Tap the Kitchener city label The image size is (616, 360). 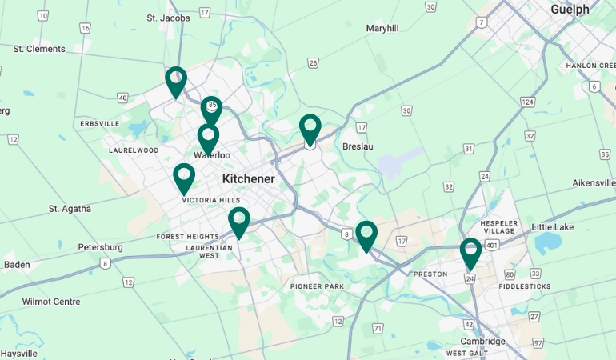click(x=248, y=179)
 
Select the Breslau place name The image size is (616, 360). click(x=358, y=146)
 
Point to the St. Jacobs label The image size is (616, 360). click(x=168, y=18)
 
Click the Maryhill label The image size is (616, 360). click(x=382, y=28)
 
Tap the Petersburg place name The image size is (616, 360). click(x=100, y=247)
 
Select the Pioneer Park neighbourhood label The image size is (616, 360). click(x=317, y=286)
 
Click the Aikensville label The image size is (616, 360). click(x=593, y=183)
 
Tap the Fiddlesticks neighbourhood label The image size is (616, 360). click(x=524, y=286)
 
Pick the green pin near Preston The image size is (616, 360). click(x=470, y=253)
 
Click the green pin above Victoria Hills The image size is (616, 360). click(x=184, y=178)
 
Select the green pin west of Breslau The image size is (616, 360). click(x=310, y=129)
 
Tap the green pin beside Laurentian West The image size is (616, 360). click(x=238, y=222)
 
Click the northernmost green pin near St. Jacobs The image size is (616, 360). click(x=176, y=81)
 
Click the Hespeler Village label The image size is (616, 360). click(x=500, y=226)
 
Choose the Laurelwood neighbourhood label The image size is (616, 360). click(x=134, y=150)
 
